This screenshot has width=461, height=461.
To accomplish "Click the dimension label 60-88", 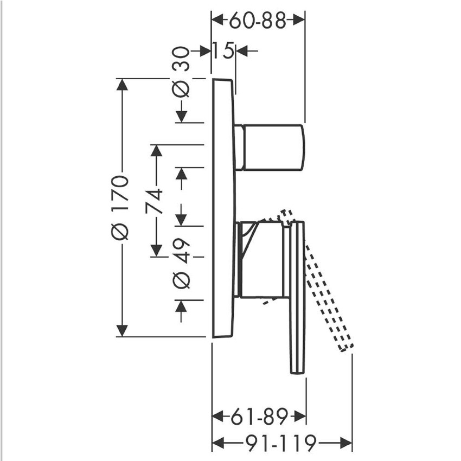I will tap(257, 21).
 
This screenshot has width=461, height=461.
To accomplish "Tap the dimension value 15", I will tap(223, 51).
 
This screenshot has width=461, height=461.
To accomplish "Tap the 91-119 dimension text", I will tap(280, 444).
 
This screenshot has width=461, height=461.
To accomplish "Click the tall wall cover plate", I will tap(223, 206).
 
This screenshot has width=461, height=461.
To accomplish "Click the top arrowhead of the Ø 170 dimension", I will tap(122, 85).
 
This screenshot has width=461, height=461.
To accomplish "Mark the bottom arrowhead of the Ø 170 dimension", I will tap(122, 330).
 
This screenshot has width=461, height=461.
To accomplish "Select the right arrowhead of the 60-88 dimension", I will tap(299, 21).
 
